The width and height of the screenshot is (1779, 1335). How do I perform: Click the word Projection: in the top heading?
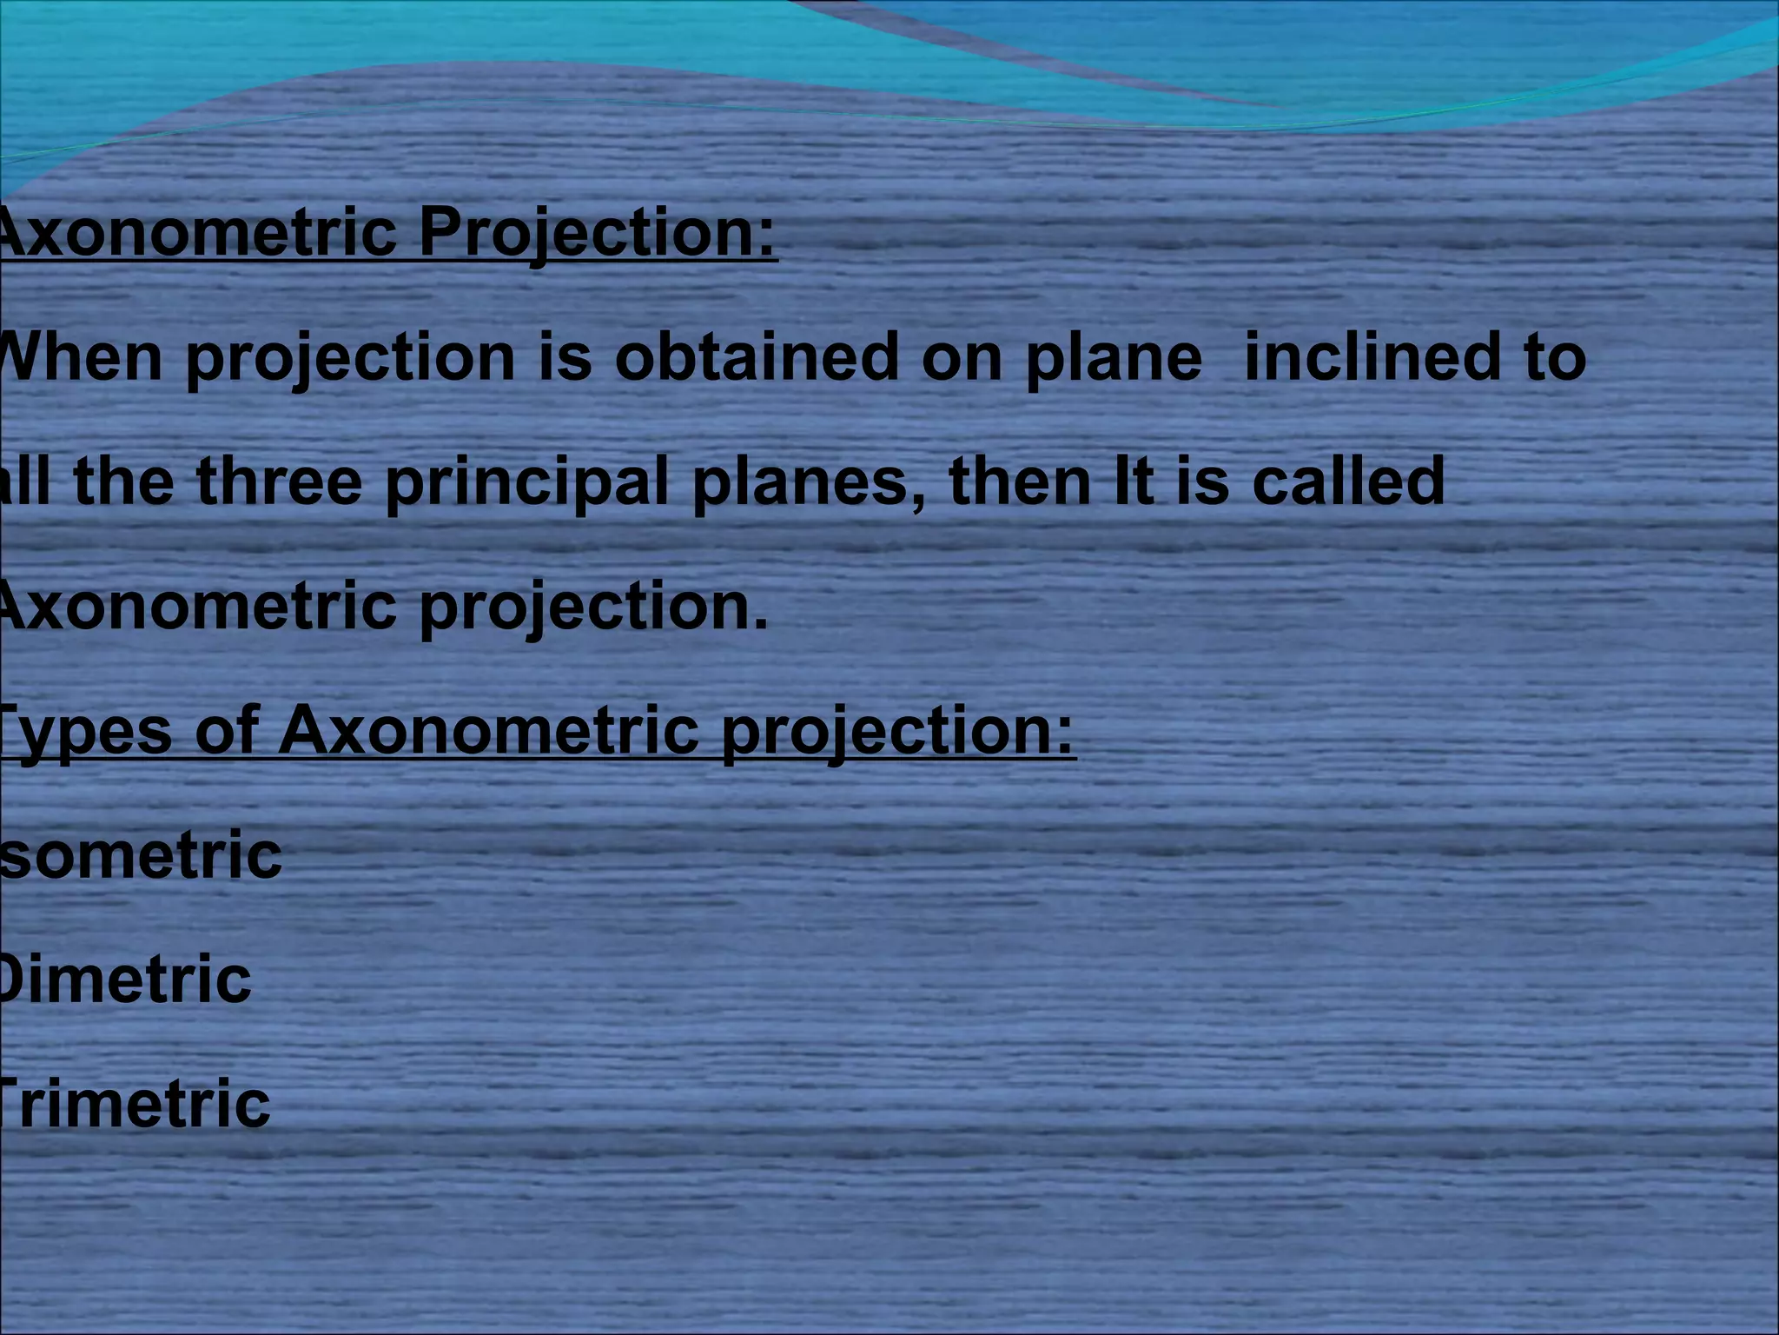coord(598,235)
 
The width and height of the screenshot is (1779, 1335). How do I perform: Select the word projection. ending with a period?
coord(594,608)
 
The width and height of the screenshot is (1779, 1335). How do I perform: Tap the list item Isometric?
coord(141,855)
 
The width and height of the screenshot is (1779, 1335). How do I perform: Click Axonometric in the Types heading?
coord(489,730)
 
